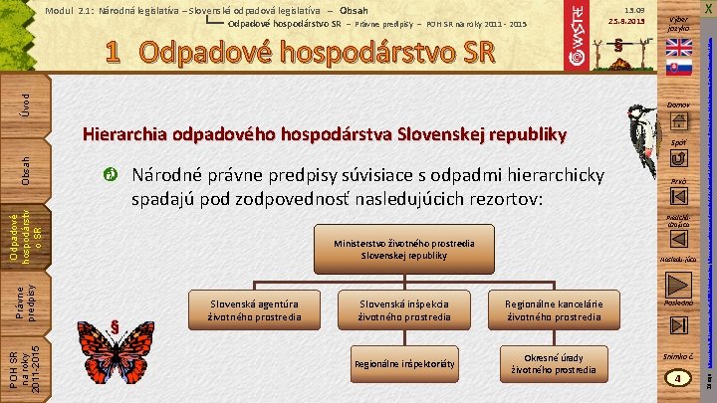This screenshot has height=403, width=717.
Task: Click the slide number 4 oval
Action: (x=679, y=378)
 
